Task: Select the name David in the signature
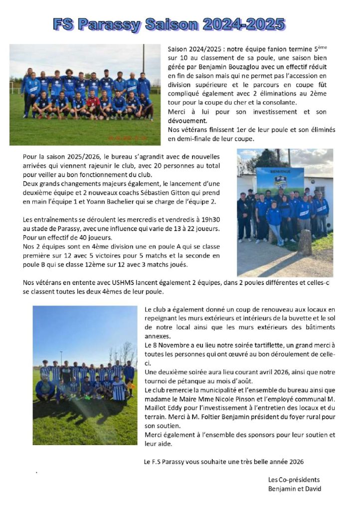[312, 489]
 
